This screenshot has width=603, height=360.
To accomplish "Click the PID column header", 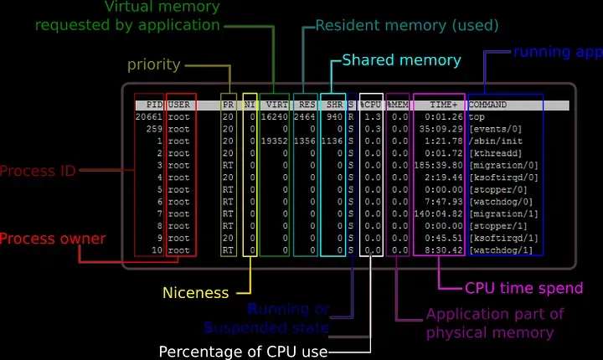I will point(154,105).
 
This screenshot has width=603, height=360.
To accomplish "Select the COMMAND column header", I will point(487,105).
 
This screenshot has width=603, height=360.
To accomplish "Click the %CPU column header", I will point(371,105).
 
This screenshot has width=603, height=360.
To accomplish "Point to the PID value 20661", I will point(149,117).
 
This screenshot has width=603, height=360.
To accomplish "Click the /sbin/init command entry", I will point(490,141).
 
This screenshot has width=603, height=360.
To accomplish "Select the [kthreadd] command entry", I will point(492,153).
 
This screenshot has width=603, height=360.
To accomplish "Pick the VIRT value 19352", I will point(275,141).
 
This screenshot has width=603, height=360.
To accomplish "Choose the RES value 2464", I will point(304,117).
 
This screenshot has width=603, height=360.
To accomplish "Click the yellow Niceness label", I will point(196,293).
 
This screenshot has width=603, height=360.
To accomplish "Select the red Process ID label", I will point(38,172).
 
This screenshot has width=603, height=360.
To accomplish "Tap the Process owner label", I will point(53,239).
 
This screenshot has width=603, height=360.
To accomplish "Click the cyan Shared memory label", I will point(401,60).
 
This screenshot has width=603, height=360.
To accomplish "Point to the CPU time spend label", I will point(523,289).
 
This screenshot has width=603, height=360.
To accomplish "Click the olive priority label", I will point(154,64).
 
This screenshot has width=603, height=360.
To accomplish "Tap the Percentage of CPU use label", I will point(243,351).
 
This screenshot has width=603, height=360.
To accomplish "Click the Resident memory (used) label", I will point(407,26).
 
